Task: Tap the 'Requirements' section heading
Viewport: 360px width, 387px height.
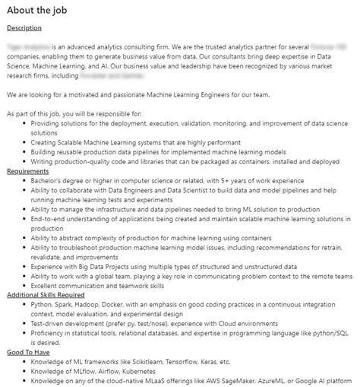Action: [28, 171]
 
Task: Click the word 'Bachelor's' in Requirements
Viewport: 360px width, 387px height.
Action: [49, 180]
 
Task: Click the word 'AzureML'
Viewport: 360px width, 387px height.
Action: [295, 381]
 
